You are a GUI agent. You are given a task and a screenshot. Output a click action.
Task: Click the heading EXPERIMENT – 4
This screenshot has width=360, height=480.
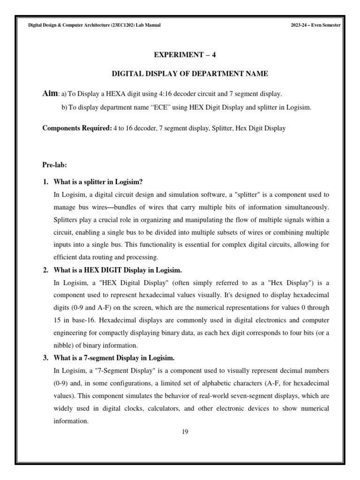(185, 55)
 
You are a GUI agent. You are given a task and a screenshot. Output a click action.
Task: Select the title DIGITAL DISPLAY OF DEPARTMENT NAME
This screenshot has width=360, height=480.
(189, 74)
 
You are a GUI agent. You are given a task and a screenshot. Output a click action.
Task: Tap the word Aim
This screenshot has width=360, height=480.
(50, 93)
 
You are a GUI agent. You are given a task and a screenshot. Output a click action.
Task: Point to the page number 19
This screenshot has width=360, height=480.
(185, 432)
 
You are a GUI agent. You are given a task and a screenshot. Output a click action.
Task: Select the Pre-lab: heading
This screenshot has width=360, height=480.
(55, 165)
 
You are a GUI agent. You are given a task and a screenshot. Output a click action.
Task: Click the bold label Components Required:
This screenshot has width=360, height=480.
(77, 128)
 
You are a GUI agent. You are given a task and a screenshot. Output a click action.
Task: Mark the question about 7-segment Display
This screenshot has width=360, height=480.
(114, 359)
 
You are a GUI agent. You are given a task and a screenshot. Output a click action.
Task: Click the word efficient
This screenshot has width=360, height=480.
(67, 257)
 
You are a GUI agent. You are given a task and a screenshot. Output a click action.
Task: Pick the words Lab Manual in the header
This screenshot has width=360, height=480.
(149, 25)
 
